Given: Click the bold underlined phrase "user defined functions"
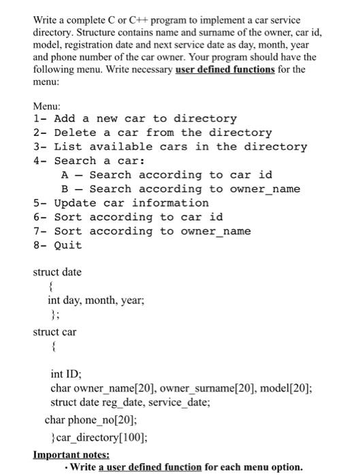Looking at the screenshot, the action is (x=225, y=69).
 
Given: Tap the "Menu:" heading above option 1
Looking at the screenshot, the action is (x=47, y=106).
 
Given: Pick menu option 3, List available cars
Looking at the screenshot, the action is (x=170, y=147).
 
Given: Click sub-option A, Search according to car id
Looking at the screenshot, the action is (x=167, y=175).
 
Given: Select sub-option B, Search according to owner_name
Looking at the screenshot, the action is (x=180, y=189).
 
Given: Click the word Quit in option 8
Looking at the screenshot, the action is (x=67, y=245).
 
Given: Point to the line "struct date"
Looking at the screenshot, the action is (x=57, y=272).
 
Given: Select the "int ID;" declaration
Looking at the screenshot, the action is (x=66, y=374).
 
